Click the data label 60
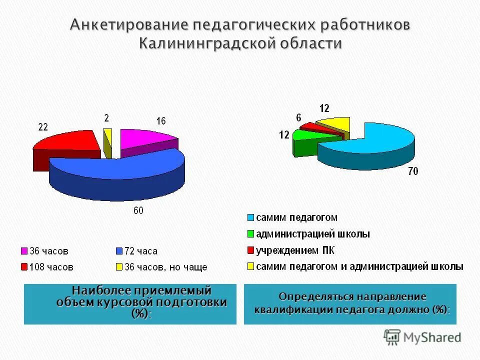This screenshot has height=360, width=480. coord(138,210)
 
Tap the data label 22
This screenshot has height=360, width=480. coord(43,127)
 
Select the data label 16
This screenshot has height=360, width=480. coord(160,121)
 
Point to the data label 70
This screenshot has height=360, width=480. coord(413,171)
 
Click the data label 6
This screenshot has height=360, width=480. coord(298,118)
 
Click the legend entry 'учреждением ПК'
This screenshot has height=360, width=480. coord(295,250)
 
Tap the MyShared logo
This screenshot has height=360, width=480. coord(422,337)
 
